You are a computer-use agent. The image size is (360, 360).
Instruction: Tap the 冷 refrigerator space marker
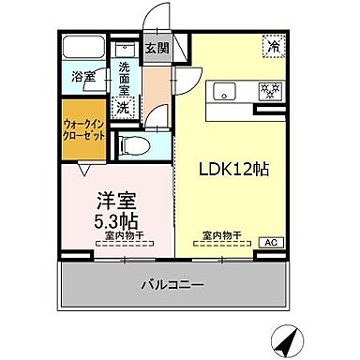(275, 45)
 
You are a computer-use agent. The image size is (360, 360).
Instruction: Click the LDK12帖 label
(233, 171)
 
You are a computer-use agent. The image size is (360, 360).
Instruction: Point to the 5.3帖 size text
(115, 220)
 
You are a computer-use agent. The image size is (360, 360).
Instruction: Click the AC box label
(269, 243)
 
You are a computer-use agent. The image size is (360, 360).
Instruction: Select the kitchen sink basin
(226, 91)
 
